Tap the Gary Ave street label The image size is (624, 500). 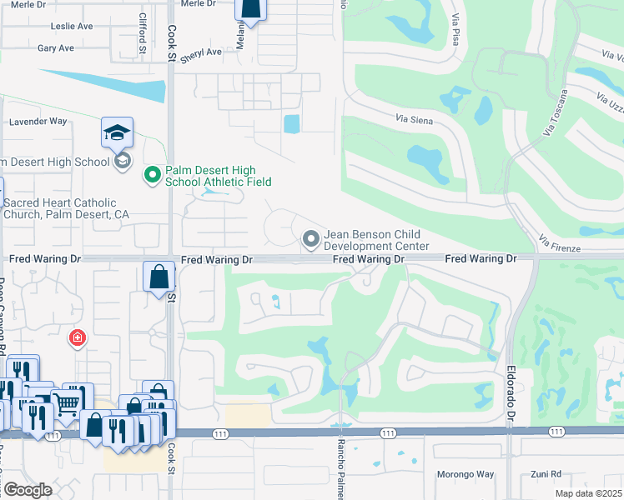56,48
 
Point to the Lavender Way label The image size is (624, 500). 37,121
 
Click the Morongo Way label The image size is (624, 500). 465,474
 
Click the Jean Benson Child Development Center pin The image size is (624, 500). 311,240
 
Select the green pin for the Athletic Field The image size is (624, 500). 152,175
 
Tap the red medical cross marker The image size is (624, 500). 77,337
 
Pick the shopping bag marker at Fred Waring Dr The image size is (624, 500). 159,276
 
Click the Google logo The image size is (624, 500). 28,490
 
